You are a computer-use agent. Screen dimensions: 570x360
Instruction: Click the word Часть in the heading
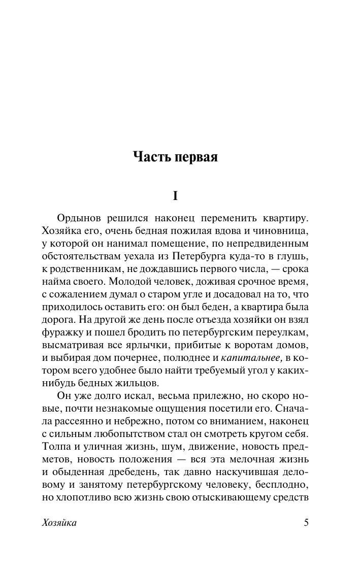coord(151,157)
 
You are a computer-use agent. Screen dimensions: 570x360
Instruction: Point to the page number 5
coord(306,523)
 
